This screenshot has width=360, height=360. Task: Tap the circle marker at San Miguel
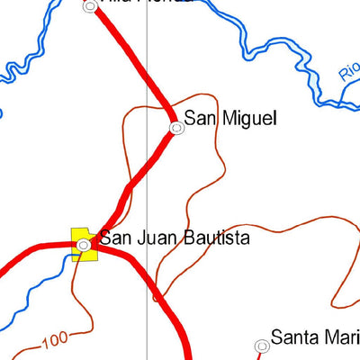click(177, 128)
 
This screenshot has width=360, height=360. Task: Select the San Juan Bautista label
click(174, 238)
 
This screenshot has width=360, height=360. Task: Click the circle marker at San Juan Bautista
click(83, 245)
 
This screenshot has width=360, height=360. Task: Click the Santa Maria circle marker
click(261, 346)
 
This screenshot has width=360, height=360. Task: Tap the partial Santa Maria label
click(315, 339)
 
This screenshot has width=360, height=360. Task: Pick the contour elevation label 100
click(55, 340)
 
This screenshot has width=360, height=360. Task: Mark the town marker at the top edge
click(90, 6)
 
